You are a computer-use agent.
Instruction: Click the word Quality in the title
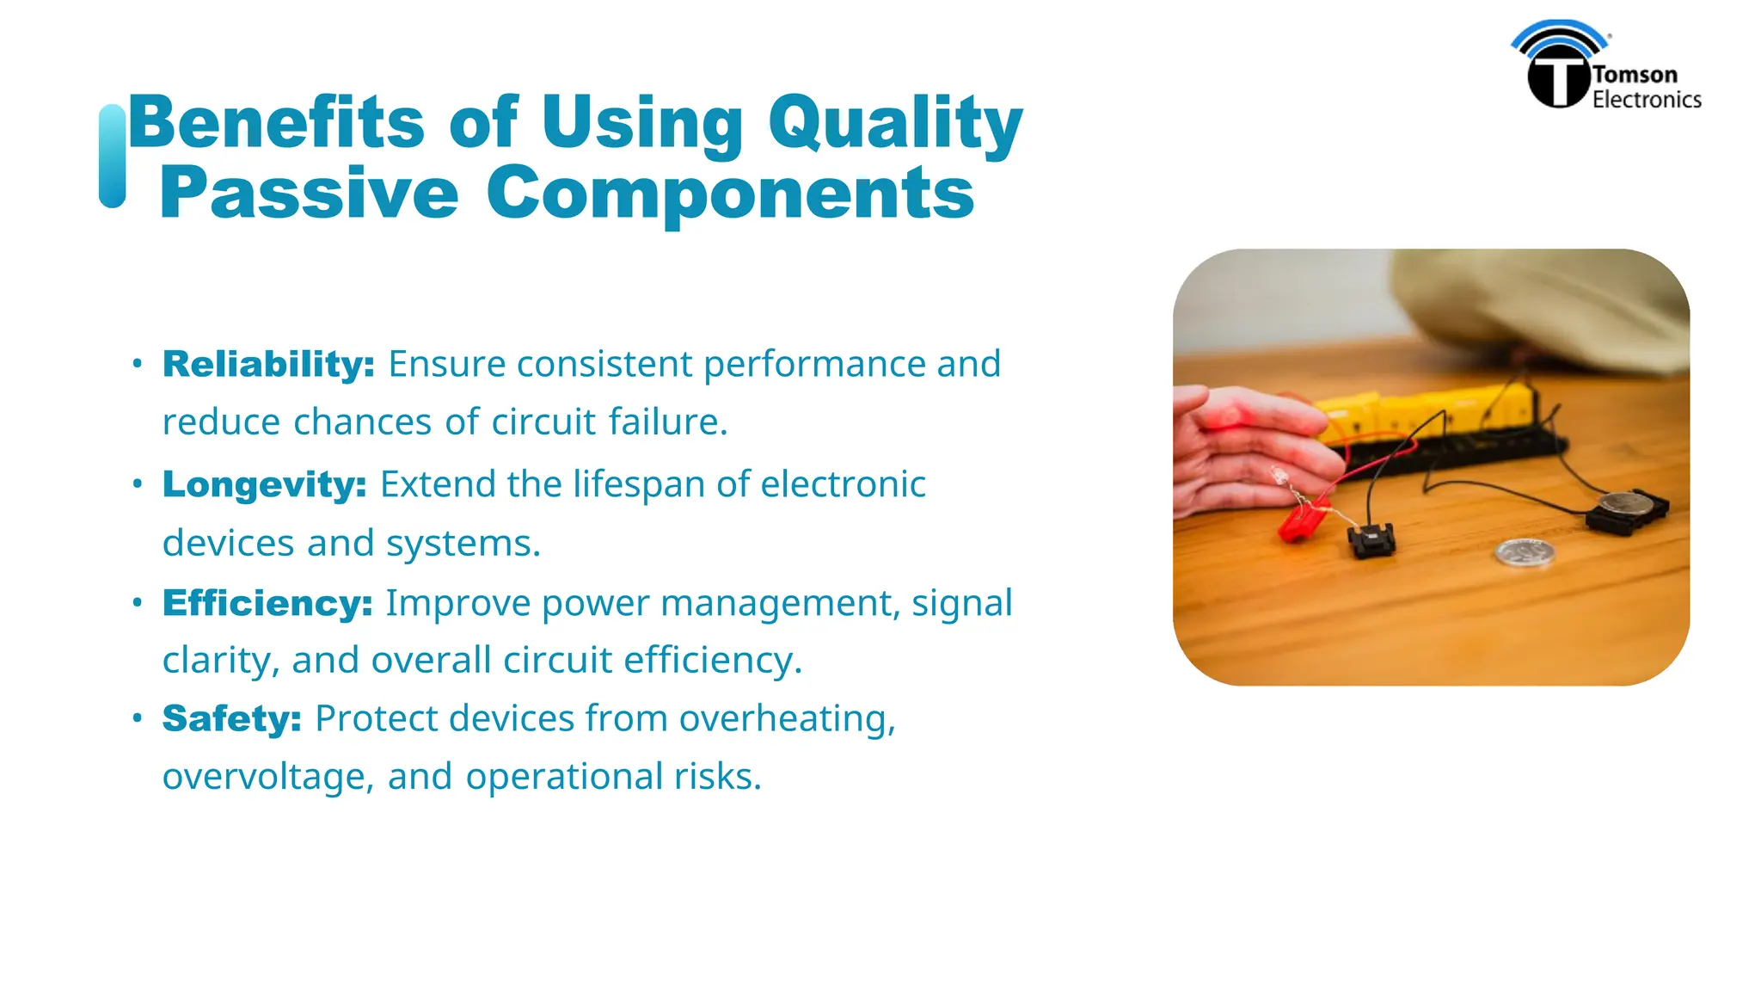(894, 125)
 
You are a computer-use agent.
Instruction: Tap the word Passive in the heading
(309, 194)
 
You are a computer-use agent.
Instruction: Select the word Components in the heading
(730, 194)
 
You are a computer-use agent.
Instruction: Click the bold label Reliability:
(268, 365)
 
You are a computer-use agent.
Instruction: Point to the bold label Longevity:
(265, 485)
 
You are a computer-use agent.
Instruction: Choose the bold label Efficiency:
(267, 604)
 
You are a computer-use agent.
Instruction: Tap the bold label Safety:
(232, 719)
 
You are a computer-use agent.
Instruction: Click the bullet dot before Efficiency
(137, 603)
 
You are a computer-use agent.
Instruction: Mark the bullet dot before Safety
(137, 718)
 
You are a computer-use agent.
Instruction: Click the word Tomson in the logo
(1635, 75)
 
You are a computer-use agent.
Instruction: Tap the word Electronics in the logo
(1646, 100)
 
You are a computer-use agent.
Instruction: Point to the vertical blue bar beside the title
(113, 157)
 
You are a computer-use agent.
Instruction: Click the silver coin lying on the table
(1525, 551)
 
